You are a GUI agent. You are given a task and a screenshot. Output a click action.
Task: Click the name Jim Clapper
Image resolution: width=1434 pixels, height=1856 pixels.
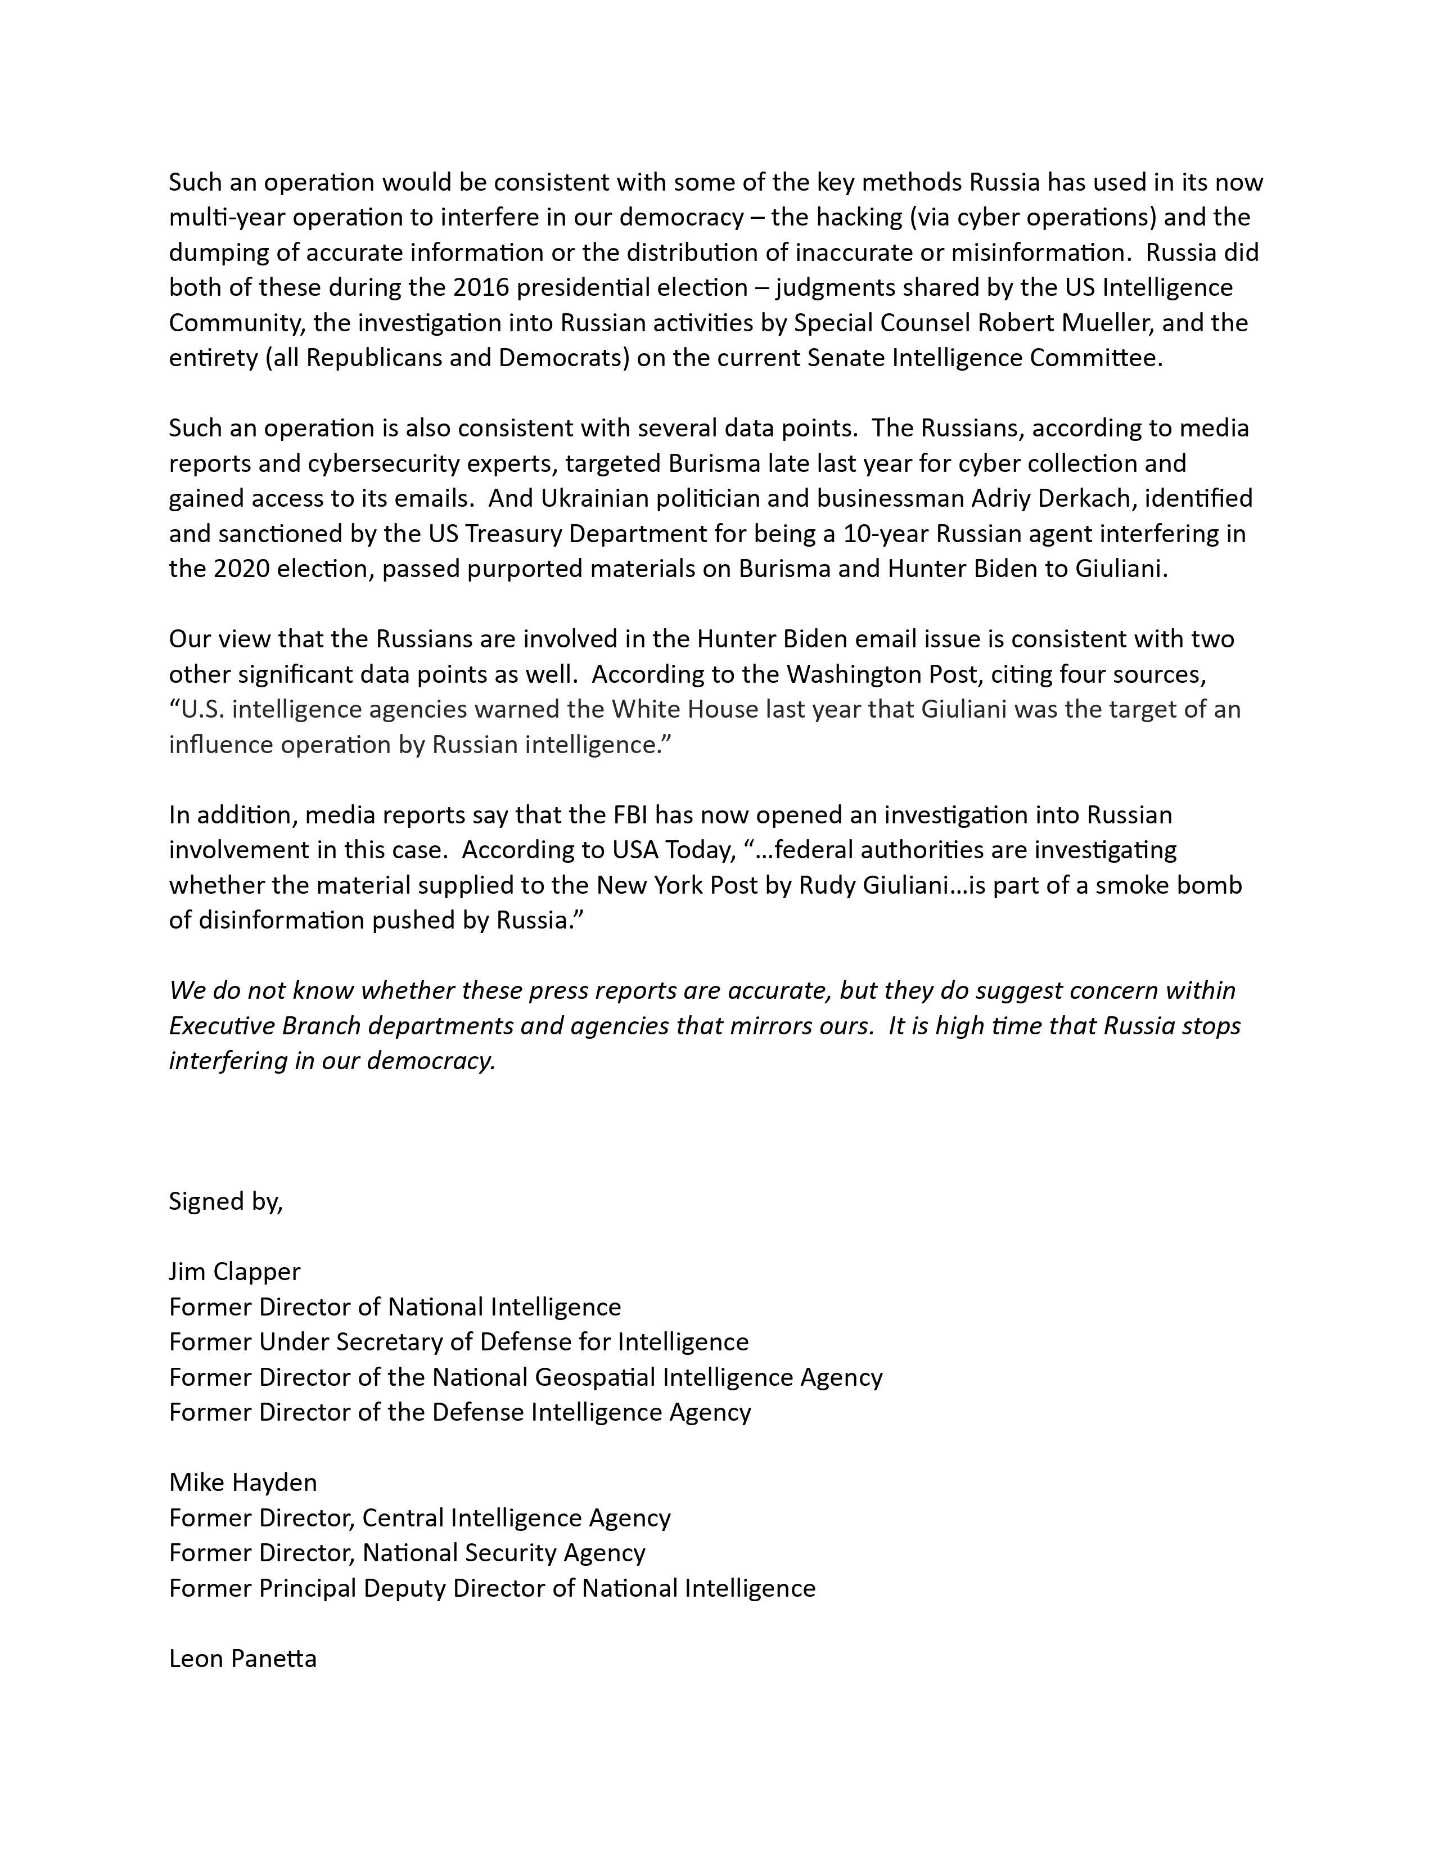click(x=235, y=1271)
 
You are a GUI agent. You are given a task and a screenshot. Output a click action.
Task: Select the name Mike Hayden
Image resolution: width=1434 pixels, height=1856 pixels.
click(x=243, y=1482)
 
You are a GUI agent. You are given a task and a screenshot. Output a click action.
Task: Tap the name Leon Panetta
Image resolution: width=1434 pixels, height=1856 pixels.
click(x=243, y=1658)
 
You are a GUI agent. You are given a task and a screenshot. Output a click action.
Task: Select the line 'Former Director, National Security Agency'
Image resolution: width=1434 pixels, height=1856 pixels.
click(x=407, y=1553)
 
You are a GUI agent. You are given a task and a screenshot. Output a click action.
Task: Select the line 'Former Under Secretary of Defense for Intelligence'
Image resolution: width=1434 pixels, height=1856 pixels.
click(x=459, y=1342)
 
